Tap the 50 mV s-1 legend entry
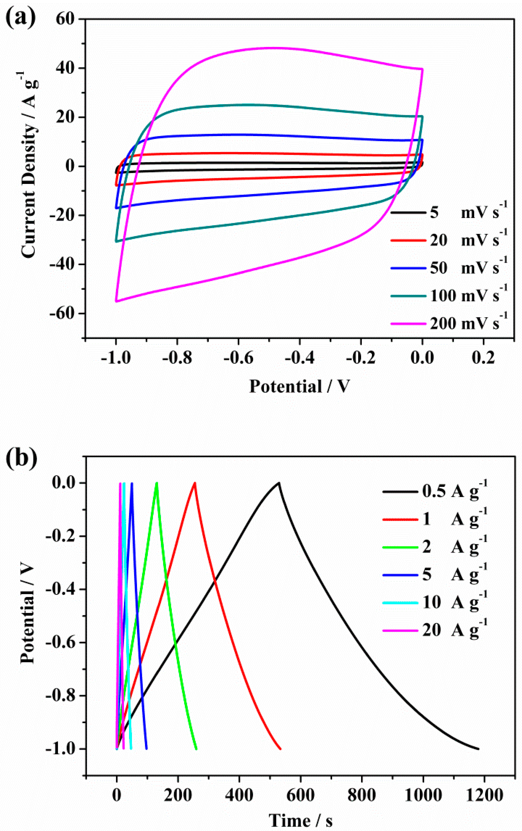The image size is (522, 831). pos(449,268)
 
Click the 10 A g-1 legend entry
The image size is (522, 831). pos(435,603)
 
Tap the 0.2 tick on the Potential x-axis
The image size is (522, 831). pos(483,358)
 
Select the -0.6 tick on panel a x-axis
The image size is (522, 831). pos(238,358)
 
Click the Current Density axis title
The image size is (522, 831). pos(29,166)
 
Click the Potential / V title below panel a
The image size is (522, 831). pos(300,386)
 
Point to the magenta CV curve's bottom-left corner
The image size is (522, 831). pos(116,302)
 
